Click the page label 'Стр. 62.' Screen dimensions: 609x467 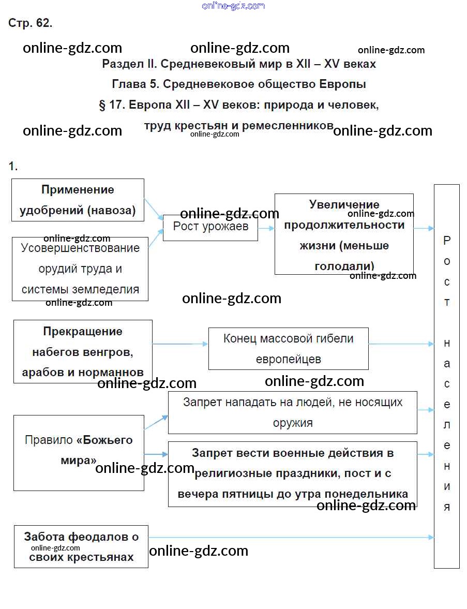tap(30, 23)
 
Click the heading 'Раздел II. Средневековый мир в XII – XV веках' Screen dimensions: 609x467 tap(239, 64)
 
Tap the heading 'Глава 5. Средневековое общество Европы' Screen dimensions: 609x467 tap(239, 84)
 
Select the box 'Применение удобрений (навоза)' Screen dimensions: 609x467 tap(78, 200)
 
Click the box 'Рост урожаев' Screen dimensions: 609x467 tap(210, 227)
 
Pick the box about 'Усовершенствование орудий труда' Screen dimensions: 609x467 tap(80, 269)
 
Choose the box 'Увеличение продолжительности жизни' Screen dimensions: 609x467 tap(344, 234)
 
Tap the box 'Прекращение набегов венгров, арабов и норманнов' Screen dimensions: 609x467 tap(83, 352)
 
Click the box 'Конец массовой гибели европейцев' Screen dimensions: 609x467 tap(288, 348)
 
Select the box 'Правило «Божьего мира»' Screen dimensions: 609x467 tap(79, 450)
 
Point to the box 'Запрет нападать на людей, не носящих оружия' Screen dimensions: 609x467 tap(292, 412)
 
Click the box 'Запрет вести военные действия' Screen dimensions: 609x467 tap(292, 473)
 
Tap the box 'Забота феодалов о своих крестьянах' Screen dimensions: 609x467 tap(81, 546)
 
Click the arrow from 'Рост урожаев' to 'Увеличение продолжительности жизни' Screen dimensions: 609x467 tap(266, 228)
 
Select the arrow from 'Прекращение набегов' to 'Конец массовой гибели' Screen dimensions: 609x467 tap(180, 344)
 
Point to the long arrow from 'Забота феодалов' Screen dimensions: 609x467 tap(290, 538)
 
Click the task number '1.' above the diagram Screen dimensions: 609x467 tap(13, 166)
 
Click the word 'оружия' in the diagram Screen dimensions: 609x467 tap(293, 422)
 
